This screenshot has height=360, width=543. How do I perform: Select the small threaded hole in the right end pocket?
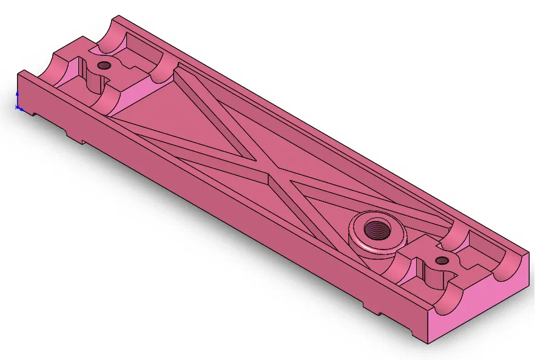point(442,260)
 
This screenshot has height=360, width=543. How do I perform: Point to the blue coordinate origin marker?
point(18,107)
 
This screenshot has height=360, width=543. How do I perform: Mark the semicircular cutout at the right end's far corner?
point(508,267)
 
